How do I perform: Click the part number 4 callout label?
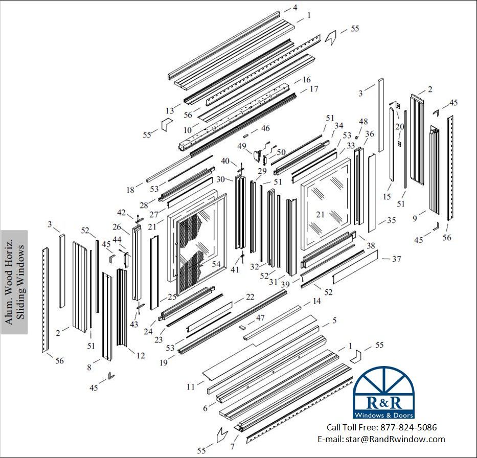pyautogui.click(x=295, y=7)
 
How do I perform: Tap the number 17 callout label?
pyautogui.click(x=314, y=89)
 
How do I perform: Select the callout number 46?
pyautogui.click(x=265, y=128)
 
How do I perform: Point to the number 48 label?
pyautogui.click(x=363, y=121)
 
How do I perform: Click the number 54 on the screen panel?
pyautogui.click(x=216, y=264)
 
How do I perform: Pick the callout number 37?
pyautogui.click(x=396, y=259)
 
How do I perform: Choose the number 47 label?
pyautogui.click(x=260, y=318)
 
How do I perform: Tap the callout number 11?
pyautogui.click(x=191, y=386)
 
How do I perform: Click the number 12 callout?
pyautogui.click(x=141, y=355)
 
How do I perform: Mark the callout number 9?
pyautogui.click(x=415, y=218)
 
